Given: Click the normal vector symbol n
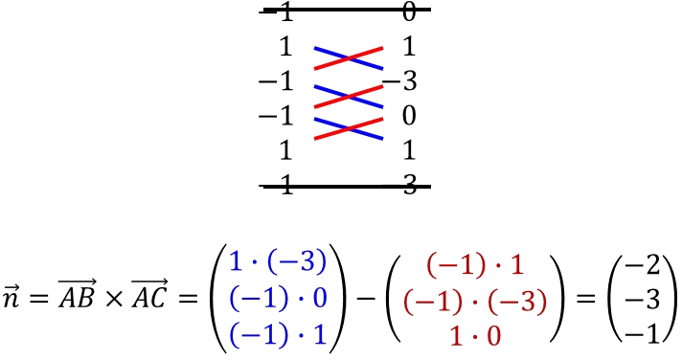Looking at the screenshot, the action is tap(11, 297).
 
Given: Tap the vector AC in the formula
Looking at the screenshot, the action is tap(149, 294).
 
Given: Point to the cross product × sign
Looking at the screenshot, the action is tap(114, 299).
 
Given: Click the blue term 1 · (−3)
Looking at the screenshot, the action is tap(278, 261).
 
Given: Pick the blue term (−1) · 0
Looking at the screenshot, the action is tap(278, 299).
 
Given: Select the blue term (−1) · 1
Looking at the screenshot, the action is tap(278, 335).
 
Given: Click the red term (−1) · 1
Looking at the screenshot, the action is tap(475, 264).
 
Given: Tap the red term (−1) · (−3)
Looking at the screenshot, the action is tap(475, 301).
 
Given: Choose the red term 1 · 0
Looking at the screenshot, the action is tap(475, 336).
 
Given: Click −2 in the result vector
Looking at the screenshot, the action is tap(643, 264).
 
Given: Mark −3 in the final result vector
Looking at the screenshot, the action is tap(643, 300).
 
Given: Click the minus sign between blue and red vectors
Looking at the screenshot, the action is tap(366, 299).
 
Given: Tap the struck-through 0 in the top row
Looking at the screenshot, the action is tap(409, 12).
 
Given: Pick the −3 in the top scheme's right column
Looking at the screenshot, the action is tap(400, 80).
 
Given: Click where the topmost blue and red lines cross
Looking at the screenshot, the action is tap(349, 57).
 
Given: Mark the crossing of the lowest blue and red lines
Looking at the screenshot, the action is tap(349, 128).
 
